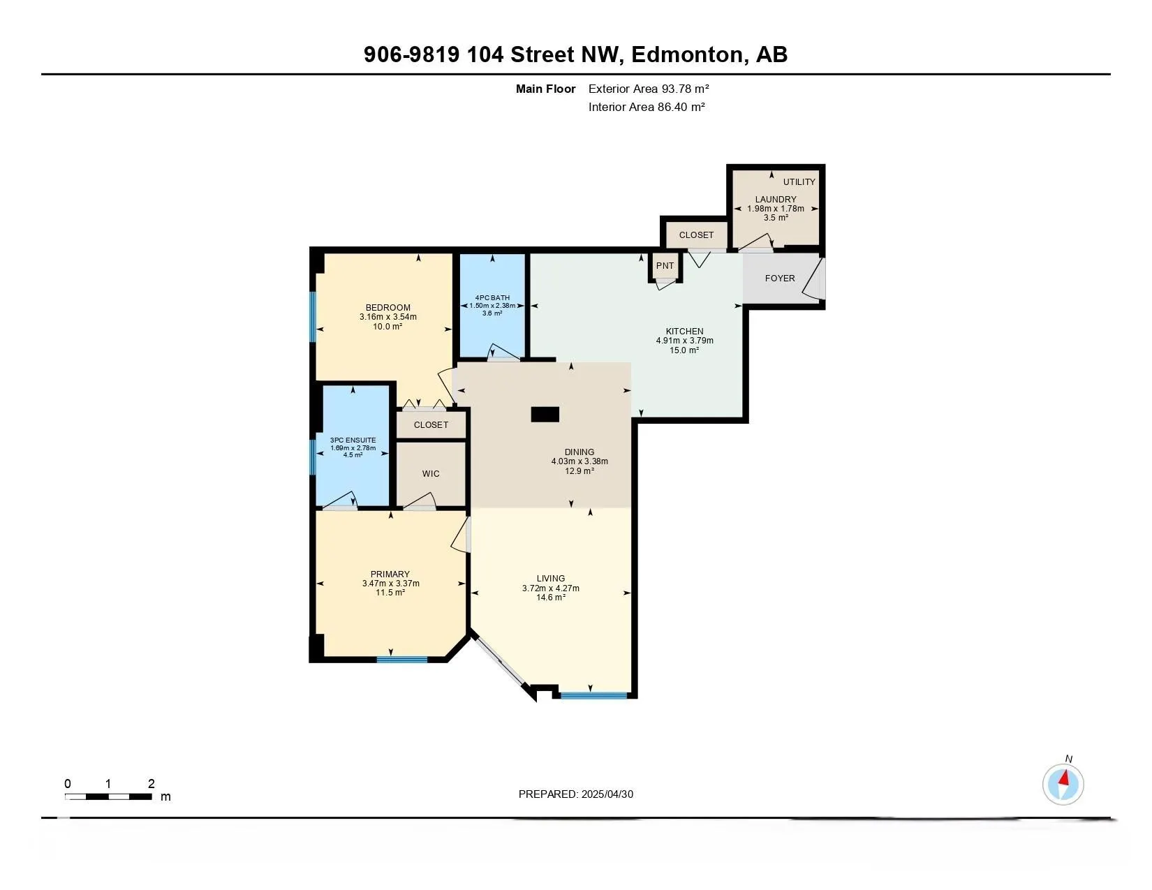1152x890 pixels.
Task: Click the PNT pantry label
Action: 665,265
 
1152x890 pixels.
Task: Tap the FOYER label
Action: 779,279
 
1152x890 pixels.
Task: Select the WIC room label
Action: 431,473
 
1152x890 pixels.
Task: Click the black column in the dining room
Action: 545,414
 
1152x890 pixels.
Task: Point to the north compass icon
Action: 1063,783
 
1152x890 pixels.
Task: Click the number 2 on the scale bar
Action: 151,783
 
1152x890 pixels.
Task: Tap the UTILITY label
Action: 799,181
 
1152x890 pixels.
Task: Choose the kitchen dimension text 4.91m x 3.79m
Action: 684,341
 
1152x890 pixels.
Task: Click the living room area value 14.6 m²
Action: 551,598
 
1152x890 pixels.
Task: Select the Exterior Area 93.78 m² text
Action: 649,89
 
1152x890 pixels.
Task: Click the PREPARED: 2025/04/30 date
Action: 576,794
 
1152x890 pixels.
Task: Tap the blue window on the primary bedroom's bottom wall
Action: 402,660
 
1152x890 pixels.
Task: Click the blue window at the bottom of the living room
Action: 593,695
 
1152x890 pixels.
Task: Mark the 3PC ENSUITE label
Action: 353,440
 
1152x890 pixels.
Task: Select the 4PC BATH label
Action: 492,298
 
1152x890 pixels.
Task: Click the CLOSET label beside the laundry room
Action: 696,235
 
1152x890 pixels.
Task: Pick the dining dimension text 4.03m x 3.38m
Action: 579,461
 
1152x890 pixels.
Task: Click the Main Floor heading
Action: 545,89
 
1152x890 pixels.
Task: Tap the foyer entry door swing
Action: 814,279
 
